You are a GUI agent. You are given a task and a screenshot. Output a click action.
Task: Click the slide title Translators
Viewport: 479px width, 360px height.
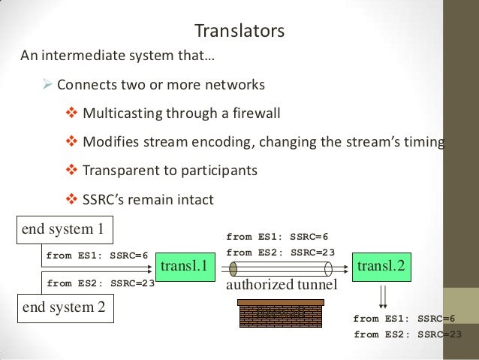click(239, 32)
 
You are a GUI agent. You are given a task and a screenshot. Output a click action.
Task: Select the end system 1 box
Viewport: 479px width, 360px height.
click(65, 228)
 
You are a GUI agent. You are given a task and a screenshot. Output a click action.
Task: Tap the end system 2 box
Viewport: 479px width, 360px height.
click(65, 307)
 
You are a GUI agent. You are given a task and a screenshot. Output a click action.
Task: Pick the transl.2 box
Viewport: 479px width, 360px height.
click(381, 266)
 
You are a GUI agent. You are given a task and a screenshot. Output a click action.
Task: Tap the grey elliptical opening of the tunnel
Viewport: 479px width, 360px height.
click(233, 268)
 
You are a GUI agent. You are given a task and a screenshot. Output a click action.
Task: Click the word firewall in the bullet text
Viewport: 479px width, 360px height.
click(254, 114)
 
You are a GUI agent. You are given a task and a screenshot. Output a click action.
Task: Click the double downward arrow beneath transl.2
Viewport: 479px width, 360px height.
click(383, 292)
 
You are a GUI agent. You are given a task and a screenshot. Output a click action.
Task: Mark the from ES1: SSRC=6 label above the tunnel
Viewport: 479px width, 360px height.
click(277, 237)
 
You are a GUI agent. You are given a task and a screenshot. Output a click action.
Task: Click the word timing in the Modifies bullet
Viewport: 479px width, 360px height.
click(423, 143)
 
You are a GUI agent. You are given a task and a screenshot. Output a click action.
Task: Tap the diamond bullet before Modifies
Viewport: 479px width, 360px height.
click(72, 143)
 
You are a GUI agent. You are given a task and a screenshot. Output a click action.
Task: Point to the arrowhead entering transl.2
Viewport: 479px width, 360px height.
click(348, 267)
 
